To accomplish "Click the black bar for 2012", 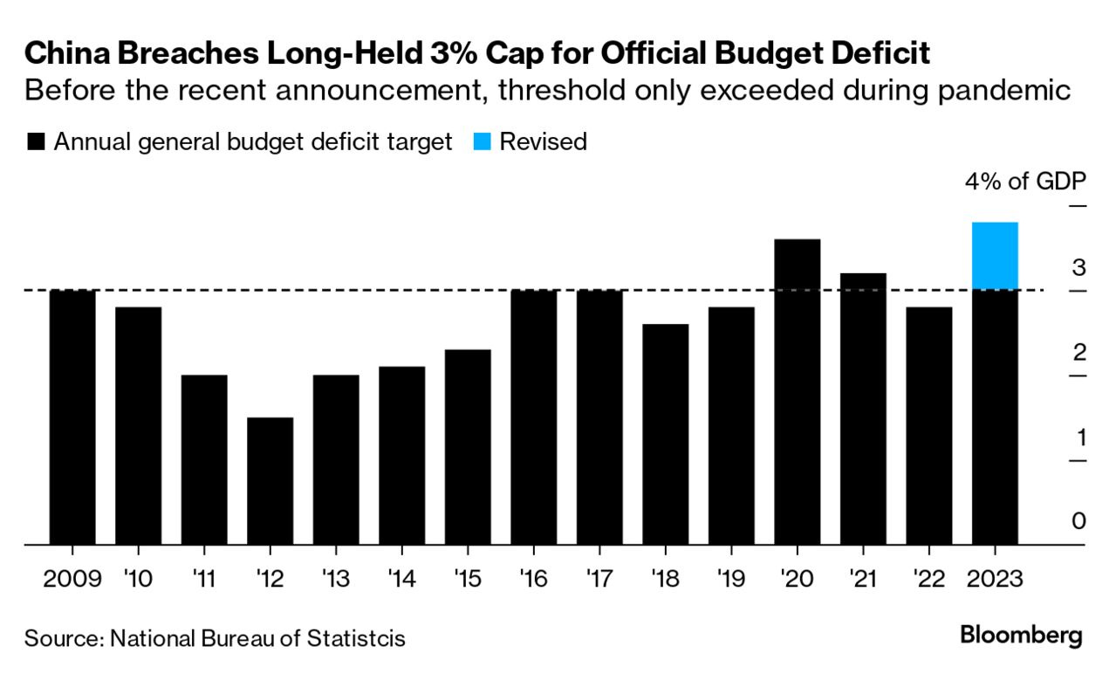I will pos(270,481).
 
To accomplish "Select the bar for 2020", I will pos(798,392).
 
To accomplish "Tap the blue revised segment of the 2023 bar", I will pos(995,256).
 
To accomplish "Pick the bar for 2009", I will pos(72,417).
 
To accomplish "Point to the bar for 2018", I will pos(666,435).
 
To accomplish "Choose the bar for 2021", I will pos(863,409).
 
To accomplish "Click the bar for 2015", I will pos(468,447).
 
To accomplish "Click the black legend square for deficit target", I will pos(36,142).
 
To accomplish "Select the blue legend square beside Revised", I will pos(483,142).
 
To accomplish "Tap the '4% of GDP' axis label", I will pos(1024,182).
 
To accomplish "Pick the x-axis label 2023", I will pos(994,578).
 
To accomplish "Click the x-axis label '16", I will pos(533,578).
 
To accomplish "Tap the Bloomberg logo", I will pos(1021,635).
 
